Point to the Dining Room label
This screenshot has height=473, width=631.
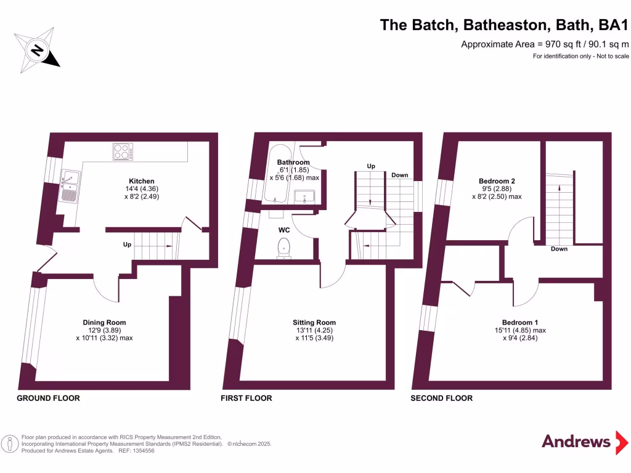(x=104, y=322)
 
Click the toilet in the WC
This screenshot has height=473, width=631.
(x=284, y=248)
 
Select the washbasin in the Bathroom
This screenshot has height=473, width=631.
(x=305, y=197)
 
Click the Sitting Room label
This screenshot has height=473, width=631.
(x=314, y=322)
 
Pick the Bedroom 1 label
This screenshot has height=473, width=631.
(x=520, y=322)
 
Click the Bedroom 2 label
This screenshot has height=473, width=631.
(x=497, y=181)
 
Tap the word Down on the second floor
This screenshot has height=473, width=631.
(x=560, y=249)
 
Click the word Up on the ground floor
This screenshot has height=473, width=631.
(x=127, y=245)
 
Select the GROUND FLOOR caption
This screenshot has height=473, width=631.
(x=48, y=398)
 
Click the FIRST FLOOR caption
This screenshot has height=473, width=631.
(x=246, y=398)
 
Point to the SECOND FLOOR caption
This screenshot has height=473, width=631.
(x=442, y=398)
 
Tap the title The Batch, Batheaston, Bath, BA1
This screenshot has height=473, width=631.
(x=503, y=25)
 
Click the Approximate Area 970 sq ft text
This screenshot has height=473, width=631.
(x=545, y=44)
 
